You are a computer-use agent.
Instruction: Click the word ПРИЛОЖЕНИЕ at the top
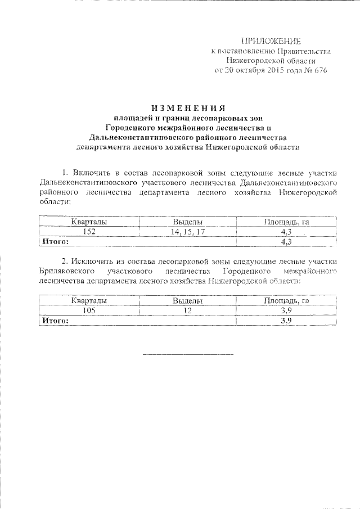(x=271, y=41)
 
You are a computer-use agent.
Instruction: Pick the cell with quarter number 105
(x=89, y=310)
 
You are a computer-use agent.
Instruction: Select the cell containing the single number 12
(x=187, y=310)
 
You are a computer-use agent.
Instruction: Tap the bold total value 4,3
(x=287, y=241)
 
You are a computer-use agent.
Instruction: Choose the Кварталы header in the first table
(x=89, y=222)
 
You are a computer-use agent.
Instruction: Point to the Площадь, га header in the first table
(x=287, y=222)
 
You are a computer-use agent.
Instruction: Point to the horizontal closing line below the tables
(x=187, y=354)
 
